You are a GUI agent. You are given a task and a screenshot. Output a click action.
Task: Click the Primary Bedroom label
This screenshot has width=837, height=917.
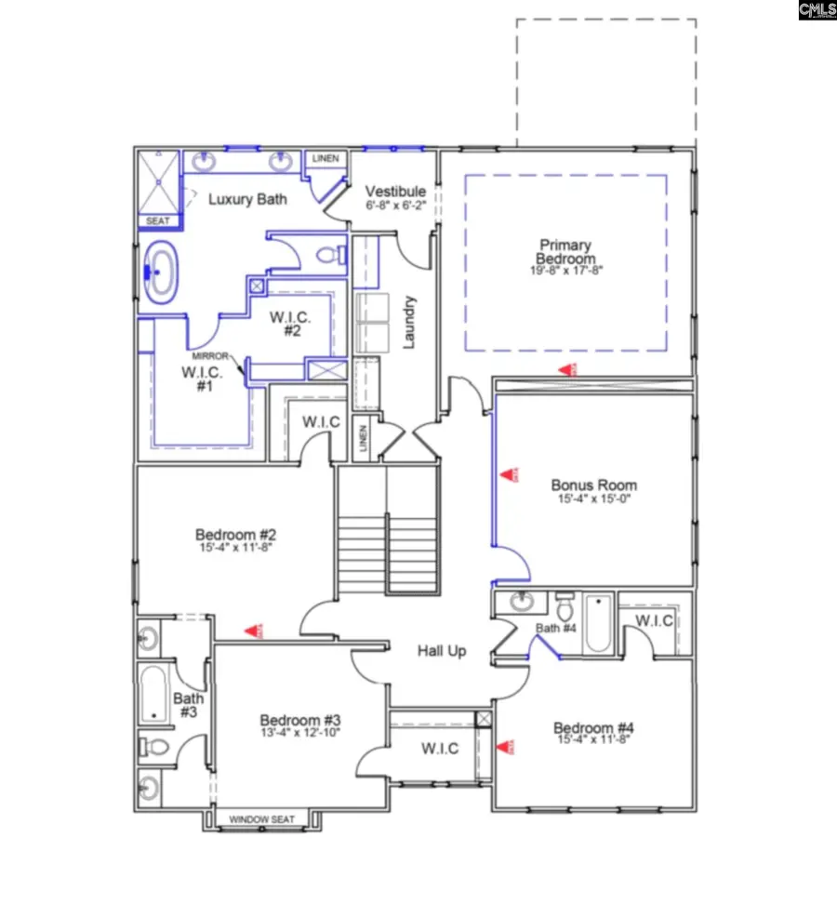[x=565, y=252]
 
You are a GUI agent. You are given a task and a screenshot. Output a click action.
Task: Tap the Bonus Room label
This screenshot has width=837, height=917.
[x=593, y=485]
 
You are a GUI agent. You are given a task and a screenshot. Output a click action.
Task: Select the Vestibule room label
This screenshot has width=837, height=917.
[x=395, y=192]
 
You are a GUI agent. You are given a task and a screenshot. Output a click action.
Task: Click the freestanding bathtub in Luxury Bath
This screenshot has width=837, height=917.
[x=162, y=271]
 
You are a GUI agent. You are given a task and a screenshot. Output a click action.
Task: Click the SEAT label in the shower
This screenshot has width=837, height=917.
[x=158, y=221]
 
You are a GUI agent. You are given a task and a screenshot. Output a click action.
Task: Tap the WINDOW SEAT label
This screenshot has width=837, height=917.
[x=262, y=819]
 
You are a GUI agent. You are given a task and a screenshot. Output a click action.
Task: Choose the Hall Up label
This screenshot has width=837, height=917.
[x=441, y=651]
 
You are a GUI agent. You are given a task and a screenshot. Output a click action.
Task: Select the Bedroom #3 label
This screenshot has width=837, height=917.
[x=299, y=720]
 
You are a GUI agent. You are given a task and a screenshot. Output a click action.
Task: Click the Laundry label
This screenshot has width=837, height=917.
[x=409, y=322]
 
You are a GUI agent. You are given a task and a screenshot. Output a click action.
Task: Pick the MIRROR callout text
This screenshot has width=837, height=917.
[x=210, y=356]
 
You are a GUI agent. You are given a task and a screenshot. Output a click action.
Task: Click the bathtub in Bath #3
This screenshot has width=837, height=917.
[x=154, y=693]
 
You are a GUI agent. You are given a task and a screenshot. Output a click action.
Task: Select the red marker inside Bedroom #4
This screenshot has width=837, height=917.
[x=506, y=746]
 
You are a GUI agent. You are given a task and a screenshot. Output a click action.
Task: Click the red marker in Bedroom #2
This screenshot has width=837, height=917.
[x=252, y=631]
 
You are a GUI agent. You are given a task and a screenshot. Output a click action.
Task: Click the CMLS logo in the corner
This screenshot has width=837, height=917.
[x=817, y=11]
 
